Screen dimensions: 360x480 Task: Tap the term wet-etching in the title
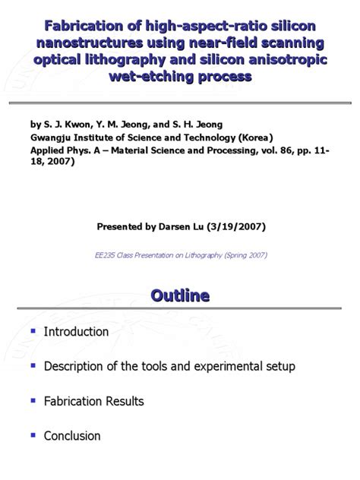tap(142, 77)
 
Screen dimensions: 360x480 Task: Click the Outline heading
tap(179, 295)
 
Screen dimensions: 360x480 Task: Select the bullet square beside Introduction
tap(32, 331)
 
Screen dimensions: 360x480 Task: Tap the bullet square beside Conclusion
tap(32, 435)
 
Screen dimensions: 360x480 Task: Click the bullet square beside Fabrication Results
tap(32, 400)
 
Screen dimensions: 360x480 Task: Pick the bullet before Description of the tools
tap(32, 365)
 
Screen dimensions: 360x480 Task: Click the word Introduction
tap(76, 332)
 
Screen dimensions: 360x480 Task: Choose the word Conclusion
tap(72, 436)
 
